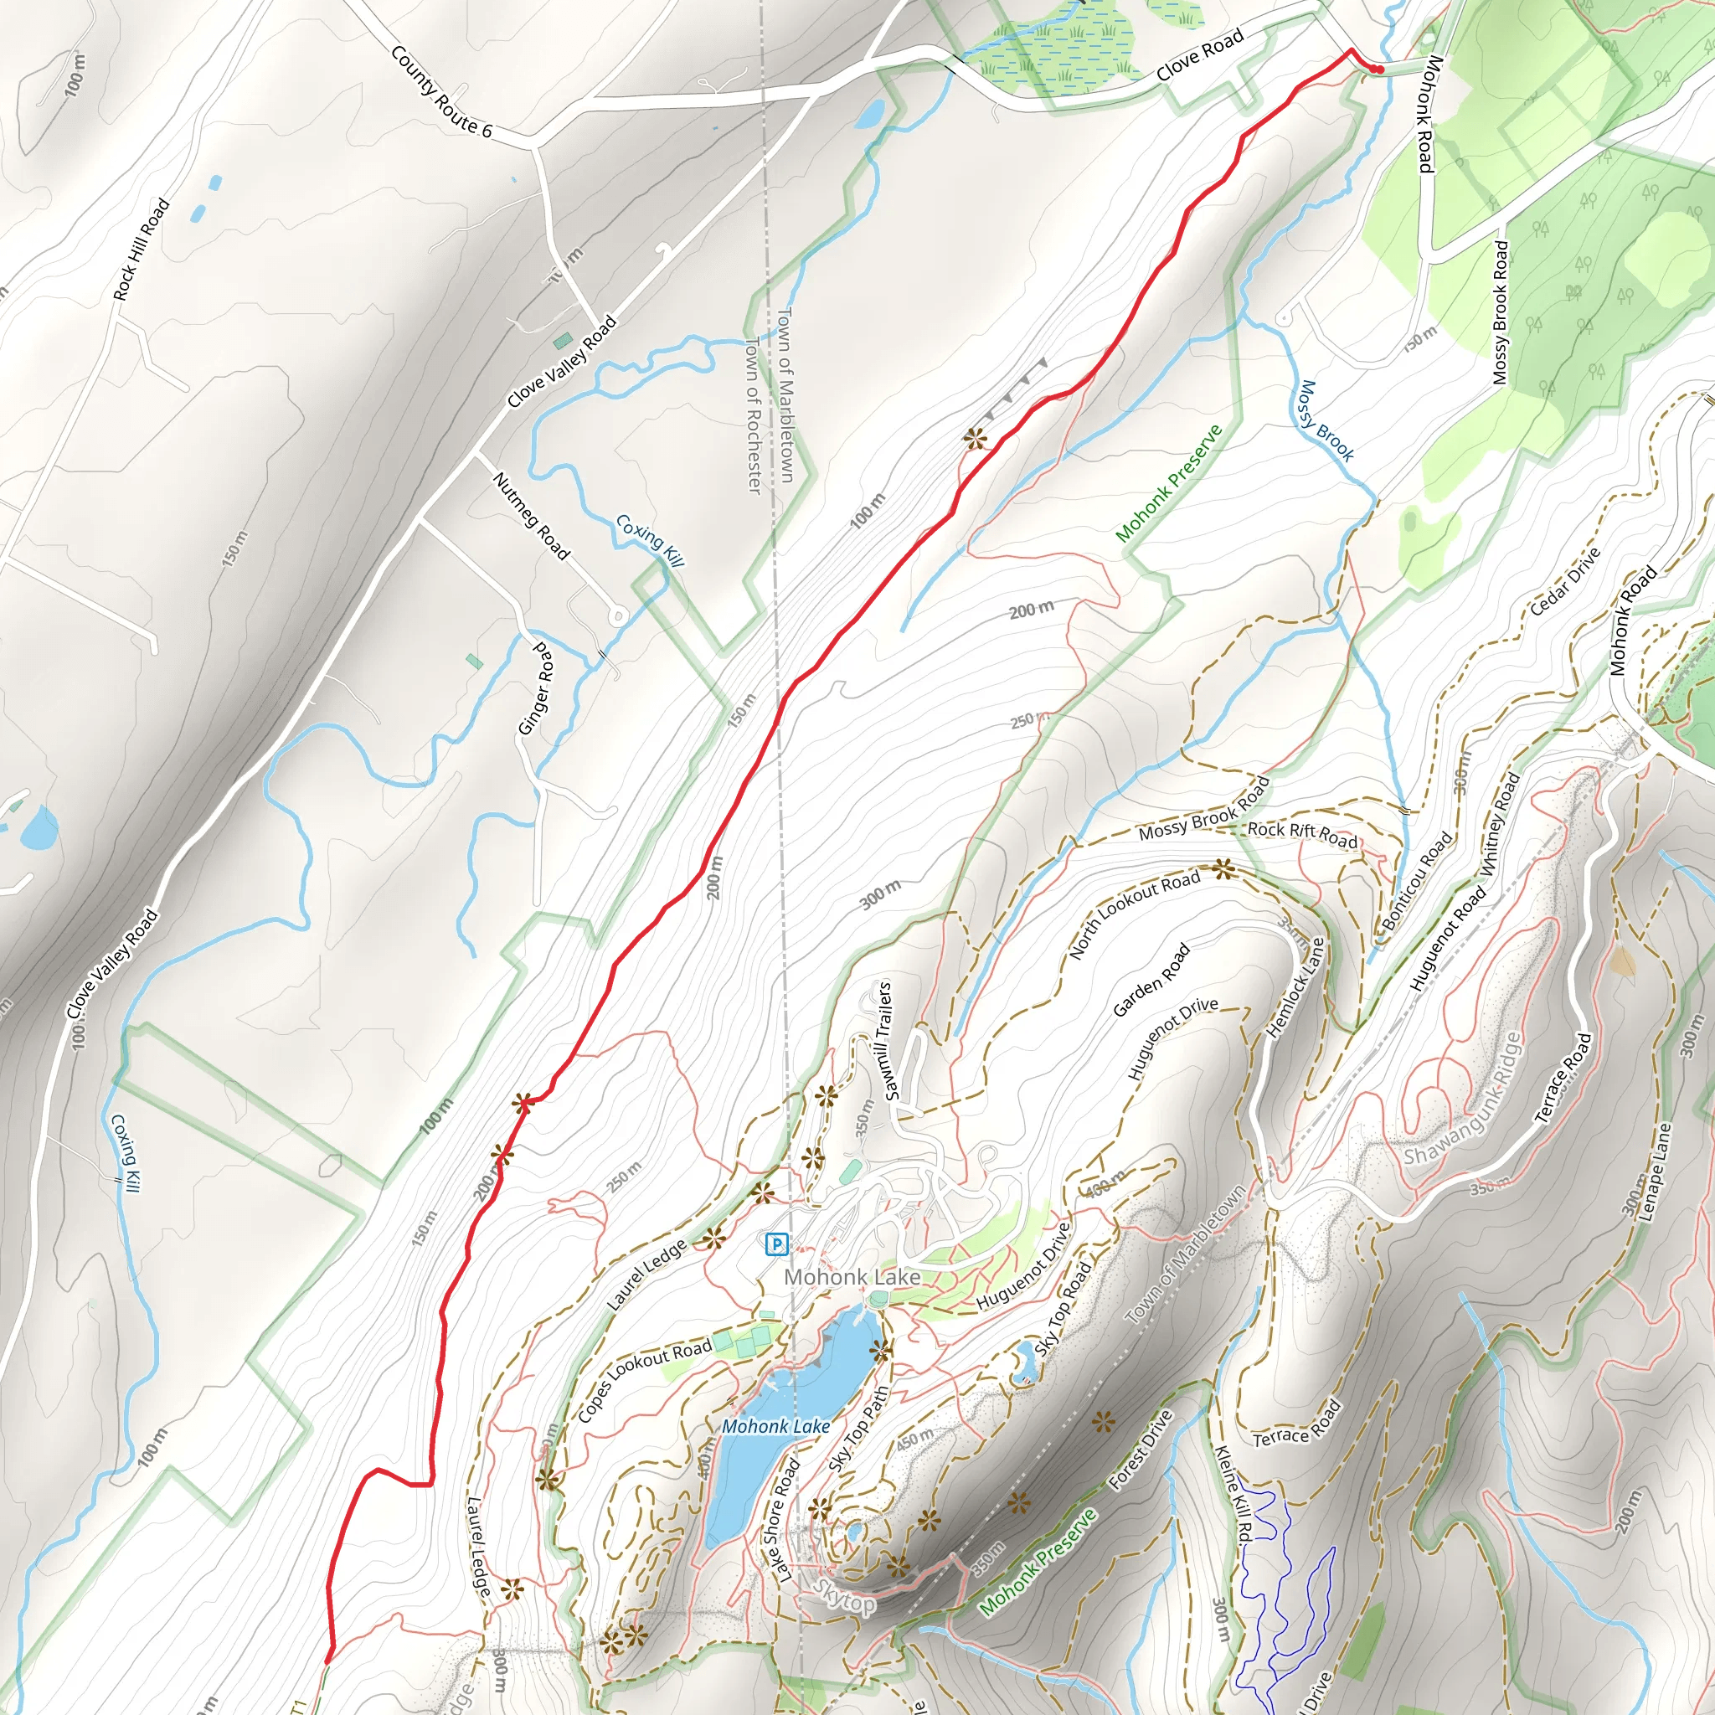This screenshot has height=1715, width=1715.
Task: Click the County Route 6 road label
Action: point(440,92)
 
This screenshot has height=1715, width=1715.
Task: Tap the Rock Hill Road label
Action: point(142,250)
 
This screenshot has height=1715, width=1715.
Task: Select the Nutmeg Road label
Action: point(531,516)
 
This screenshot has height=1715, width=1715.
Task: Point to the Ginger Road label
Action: point(538,689)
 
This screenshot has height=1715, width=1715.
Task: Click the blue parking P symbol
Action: point(775,1244)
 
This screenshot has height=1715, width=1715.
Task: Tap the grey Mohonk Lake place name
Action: point(852,1277)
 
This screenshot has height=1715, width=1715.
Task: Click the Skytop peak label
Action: point(844,1599)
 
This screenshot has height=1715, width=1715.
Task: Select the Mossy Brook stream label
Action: point(1326,422)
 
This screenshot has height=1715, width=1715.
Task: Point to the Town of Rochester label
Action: point(753,415)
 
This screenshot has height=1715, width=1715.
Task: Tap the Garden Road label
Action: point(1151,980)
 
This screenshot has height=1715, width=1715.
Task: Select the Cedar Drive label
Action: point(1566,580)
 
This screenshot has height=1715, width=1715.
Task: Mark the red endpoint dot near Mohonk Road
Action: point(1378,70)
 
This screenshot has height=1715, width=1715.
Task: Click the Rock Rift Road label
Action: point(1301,833)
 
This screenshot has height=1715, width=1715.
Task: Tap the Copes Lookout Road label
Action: point(645,1379)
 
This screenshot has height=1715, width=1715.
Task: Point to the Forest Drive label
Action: point(1141,1450)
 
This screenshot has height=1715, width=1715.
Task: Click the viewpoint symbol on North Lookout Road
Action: point(1224,869)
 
